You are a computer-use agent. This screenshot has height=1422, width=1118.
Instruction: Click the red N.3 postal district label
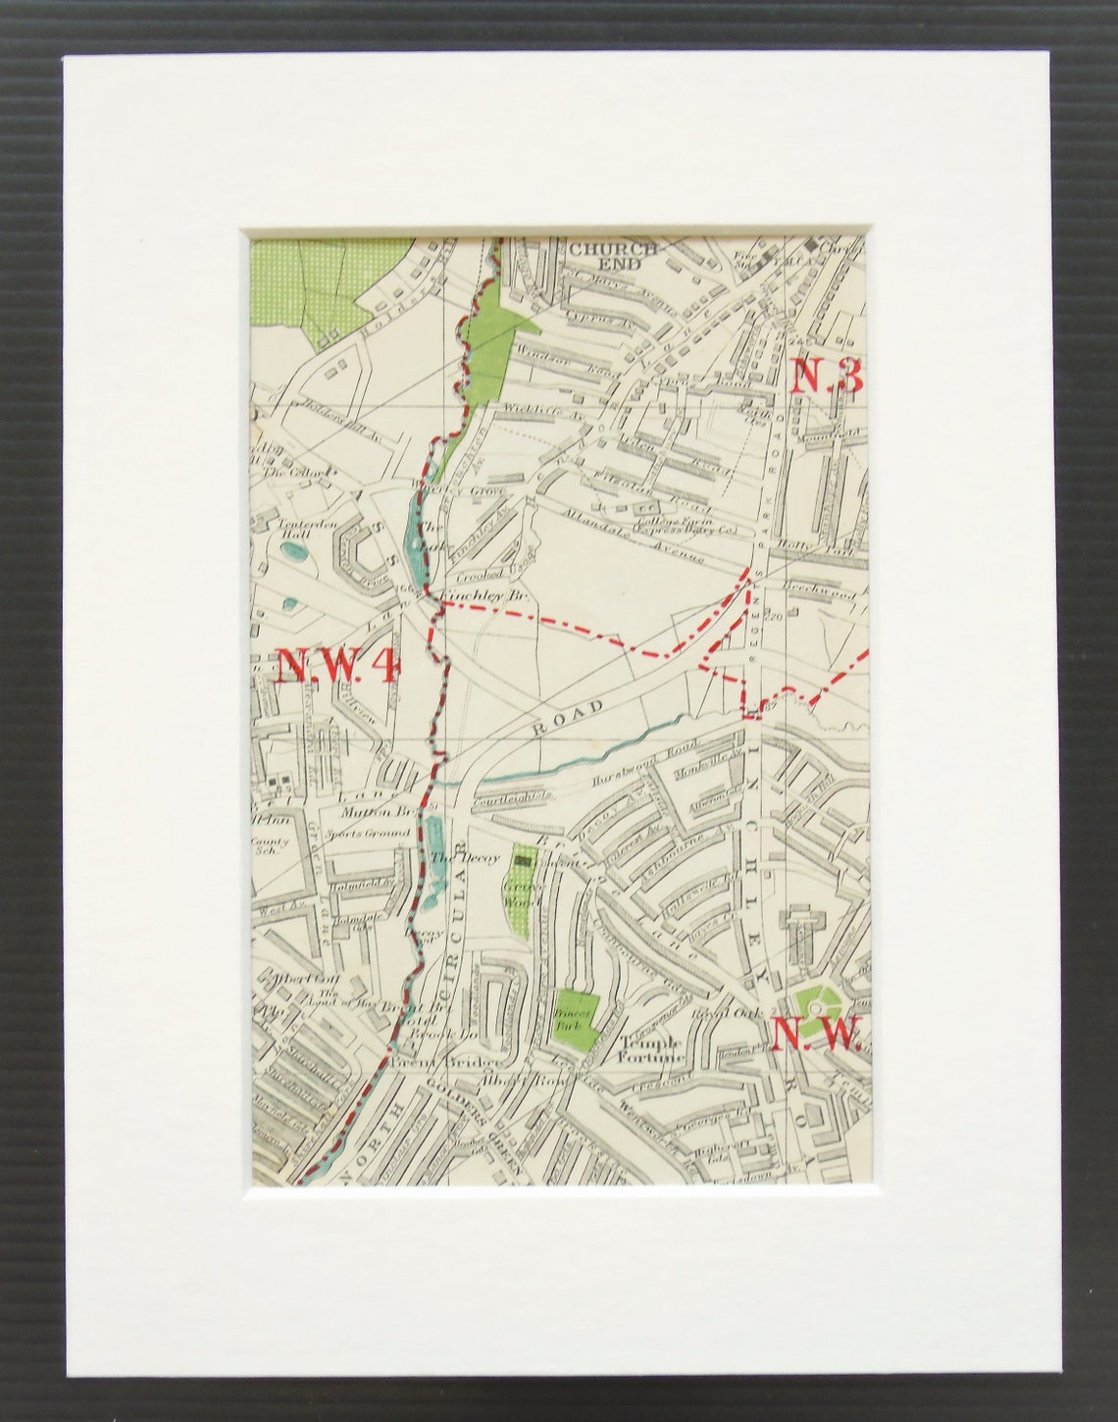click(827, 376)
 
